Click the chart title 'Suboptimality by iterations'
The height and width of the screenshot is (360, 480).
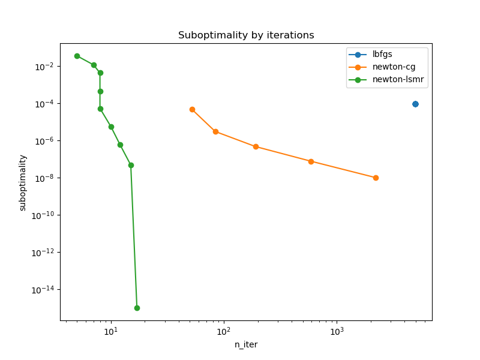click(x=246, y=35)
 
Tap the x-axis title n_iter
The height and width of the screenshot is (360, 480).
click(x=246, y=344)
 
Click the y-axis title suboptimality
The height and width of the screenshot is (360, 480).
click(x=23, y=182)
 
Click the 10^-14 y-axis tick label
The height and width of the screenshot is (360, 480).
click(x=43, y=290)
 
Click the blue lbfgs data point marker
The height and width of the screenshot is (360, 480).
click(x=415, y=104)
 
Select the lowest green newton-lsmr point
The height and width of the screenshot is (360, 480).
click(x=137, y=308)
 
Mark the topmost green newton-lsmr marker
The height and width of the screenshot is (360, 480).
click(x=77, y=56)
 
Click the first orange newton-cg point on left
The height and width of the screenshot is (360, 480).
click(x=192, y=109)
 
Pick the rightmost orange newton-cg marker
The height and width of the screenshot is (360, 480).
click(x=376, y=178)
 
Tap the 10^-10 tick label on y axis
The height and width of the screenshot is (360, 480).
click(x=43, y=215)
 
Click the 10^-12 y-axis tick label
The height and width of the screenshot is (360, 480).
click(x=43, y=253)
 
